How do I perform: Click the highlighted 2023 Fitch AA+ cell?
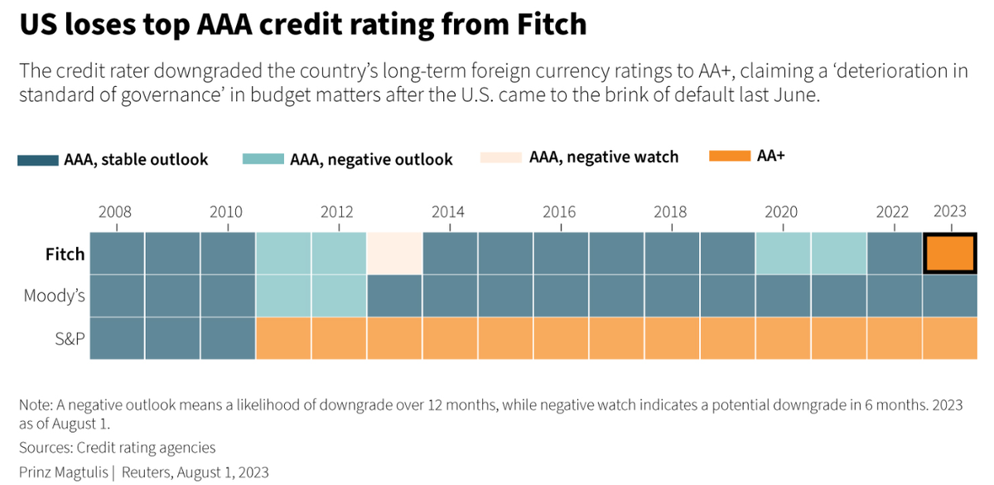pyautogui.click(x=950, y=254)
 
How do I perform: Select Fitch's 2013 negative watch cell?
pyautogui.click(x=394, y=254)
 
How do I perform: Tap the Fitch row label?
pyautogui.click(x=65, y=254)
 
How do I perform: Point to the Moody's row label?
pyautogui.click(x=55, y=295)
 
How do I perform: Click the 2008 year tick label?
pyautogui.click(x=115, y=211)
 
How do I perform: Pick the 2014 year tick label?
pyautogui.click(x=448, y=211)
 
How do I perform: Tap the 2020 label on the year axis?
pyautogui.click(x=781, y=211)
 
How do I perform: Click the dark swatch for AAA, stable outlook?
pyautogui.click(x=38, y=159)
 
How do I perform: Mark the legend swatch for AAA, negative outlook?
pyautogui.click(x=263, y=158)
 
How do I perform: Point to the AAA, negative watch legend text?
pyautogui.click(x=604, y=157)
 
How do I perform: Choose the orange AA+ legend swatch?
pyautogui.click(x=731, y=155)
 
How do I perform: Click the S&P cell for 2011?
pyautogui.click(x=283, y=337)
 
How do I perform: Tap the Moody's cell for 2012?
pyautogui.click(x=339, y=295)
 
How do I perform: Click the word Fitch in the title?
pyautogui.click(x=549, y=25)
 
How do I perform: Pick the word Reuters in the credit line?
pyautogui.click(x=154, y=473)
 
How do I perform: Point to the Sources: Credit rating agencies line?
pyautogui.click(x=117, y=448)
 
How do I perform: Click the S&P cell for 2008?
pyautogui.click(x=117, y=337)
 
